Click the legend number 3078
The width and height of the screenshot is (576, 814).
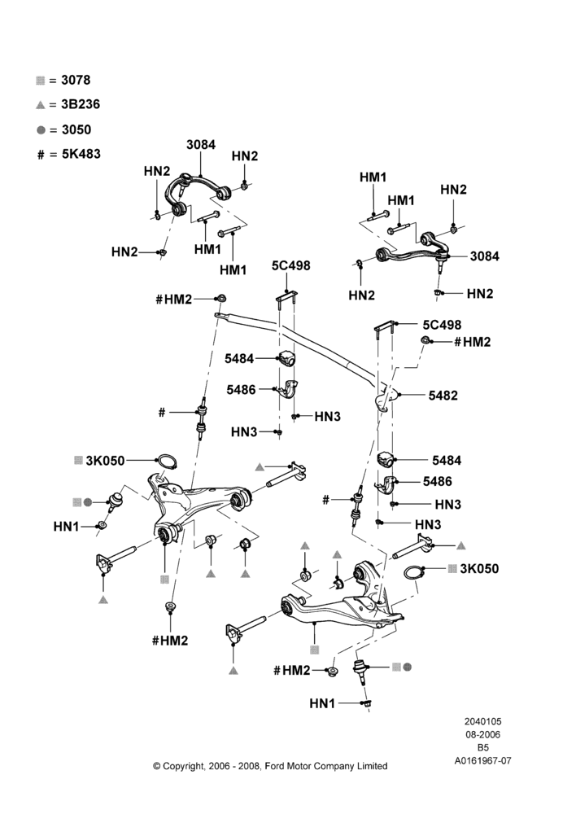click(76, 80)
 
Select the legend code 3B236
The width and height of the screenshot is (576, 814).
click(81, 104)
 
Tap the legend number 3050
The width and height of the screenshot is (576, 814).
click(76, 129)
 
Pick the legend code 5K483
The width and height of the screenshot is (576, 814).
click(81, 154)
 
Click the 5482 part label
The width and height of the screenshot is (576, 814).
click(443, 396)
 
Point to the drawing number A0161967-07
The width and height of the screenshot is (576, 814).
click(483, 761)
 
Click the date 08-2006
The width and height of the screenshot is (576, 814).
click(482, 734)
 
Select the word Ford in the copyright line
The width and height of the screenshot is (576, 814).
click(275, 766)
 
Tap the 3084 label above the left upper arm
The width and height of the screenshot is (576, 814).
click(201, 145)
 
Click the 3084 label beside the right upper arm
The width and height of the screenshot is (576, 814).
click(485, 256)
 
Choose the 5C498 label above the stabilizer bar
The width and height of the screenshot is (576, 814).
click(291, 266)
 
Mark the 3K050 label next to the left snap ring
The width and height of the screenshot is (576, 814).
click(105, 461)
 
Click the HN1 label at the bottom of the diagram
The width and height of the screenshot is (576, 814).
click(322, 703)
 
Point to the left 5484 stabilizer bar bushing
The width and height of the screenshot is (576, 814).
click(286, 358)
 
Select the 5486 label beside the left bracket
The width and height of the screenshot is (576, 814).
click(242, 389)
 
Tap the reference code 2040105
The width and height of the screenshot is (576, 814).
click(482, 721)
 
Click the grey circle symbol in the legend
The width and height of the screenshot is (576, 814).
click(41, 129)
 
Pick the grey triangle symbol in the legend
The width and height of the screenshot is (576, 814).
click(41, 105)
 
